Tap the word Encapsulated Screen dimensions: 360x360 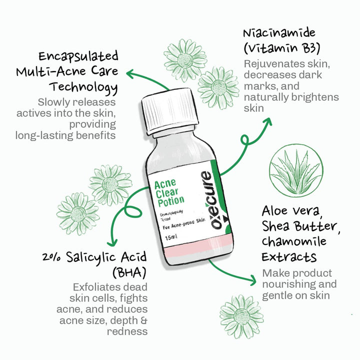80,55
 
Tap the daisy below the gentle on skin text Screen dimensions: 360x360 241,317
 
